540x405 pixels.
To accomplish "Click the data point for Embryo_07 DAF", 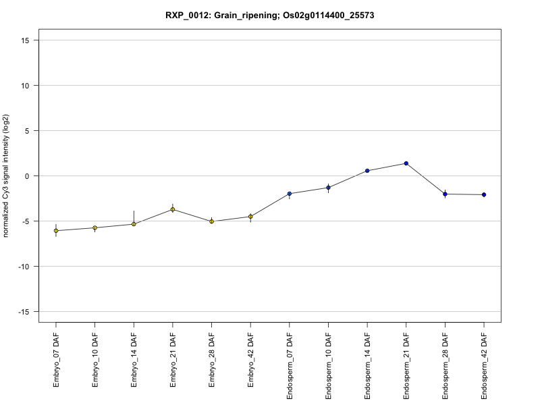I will click(x=56, y=231).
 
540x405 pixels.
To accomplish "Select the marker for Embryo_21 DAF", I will click(x=173, y=209).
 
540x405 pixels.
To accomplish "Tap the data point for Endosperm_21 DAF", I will click(x=406, y=163).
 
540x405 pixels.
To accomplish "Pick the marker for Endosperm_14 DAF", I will click(x=367, y=171).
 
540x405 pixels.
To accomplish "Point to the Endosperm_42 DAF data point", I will click(x=484, y=194).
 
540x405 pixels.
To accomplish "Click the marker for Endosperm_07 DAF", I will click(x=290, y=194).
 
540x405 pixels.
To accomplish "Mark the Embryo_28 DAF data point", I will click(x=211, y=221).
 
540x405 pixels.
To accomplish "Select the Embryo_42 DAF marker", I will click(x=250, y=217).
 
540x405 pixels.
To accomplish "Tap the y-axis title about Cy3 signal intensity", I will click(x=7, y=175).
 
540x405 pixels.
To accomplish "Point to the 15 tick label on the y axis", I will click(x=25, y=40).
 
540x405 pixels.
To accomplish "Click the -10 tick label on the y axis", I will click(x=24, y=267).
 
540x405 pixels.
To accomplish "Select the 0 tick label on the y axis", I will click(x=28, y=176).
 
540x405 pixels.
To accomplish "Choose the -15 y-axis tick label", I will click(x=24, y=312).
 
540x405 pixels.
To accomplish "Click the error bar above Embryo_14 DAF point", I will click(x=134, y=216).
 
